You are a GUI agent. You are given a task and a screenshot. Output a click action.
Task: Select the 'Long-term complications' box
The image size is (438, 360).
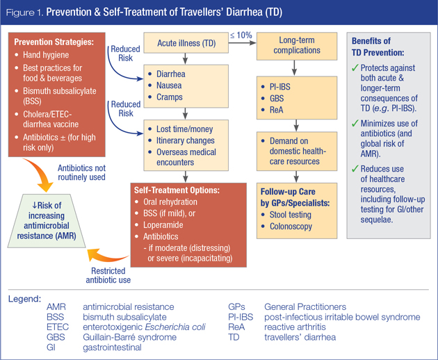tap(295, 46)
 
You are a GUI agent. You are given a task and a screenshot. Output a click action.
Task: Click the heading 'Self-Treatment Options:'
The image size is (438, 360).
tap(183, 188)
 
